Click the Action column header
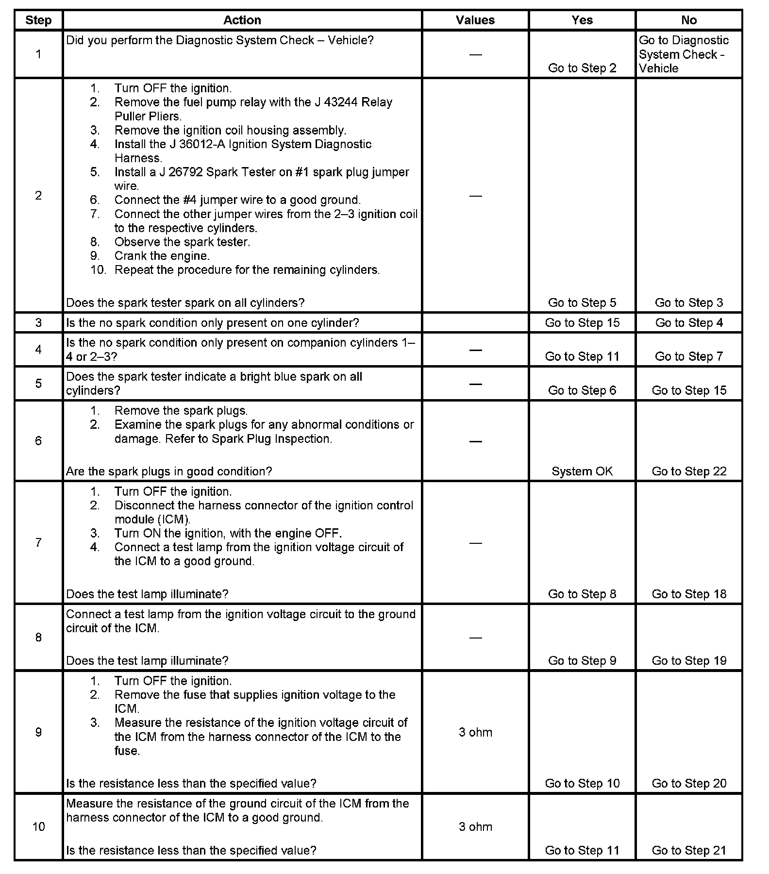tap(242, 20)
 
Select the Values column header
tap(475, 20)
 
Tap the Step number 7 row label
tap(38, 542)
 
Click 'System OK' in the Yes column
tap(582, 471)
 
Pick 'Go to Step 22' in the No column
tap(688, 471)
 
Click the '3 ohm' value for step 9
tap(475, 732)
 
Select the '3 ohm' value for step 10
tap(475, 827)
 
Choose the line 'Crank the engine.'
tap(162, 256)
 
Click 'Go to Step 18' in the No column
tap(688, 594)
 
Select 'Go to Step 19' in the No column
tap(688, 660)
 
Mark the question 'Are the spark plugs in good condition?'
tap(169, 471)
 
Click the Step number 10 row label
tap(38, 827)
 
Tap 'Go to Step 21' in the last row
tap(688, 850)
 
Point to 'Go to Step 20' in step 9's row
tap(688, 783)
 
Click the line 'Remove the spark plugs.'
tap(181, 410)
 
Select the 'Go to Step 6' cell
tap(582, 390)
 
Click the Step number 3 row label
tap(38, 323)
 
